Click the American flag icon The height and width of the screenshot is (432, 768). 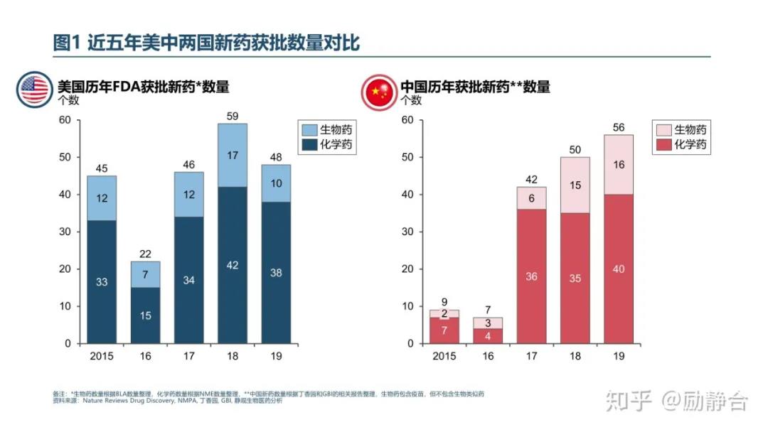coord(34,90)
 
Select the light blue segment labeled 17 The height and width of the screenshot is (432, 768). coord(233,155)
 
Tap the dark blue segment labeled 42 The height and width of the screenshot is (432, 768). coord(233,265)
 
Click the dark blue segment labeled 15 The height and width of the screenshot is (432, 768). coord(145,315)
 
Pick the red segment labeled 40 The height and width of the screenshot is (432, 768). coord(619,269)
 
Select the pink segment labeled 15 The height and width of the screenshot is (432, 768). coord(575,185)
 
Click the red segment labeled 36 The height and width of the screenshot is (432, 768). coord(531,276)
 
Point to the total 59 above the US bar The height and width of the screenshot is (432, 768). coord(233,116)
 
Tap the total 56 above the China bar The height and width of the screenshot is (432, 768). coord(619,128)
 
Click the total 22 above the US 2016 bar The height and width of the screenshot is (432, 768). coord(145,254)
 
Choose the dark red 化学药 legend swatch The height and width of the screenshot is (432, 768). coord(662,145)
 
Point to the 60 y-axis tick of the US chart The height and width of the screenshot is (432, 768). coord(65,119)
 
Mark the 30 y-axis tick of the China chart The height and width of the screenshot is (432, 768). coord(407,232)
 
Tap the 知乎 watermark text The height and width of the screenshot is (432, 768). coord(628,401)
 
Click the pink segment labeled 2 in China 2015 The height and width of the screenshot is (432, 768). coord(444,313)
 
